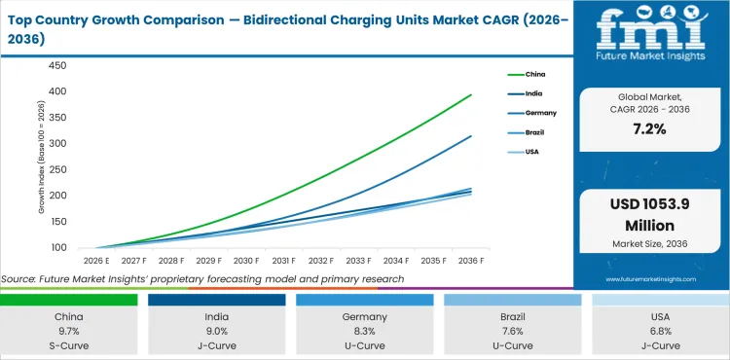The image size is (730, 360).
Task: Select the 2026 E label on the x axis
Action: pyautogui.click(x=94, y=261)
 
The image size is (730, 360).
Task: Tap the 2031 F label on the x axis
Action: pyautogui.click(x=283, y=261)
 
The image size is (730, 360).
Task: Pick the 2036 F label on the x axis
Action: pyautogui.click(x=472, y=261)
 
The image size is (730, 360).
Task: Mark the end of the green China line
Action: pyautogui.click(x=472, y=94)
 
